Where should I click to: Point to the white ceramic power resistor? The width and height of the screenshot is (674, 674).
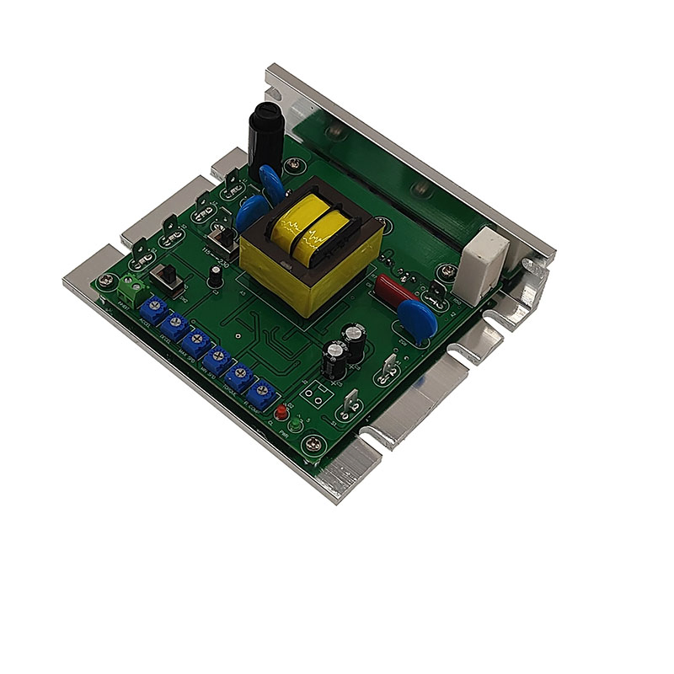488,252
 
